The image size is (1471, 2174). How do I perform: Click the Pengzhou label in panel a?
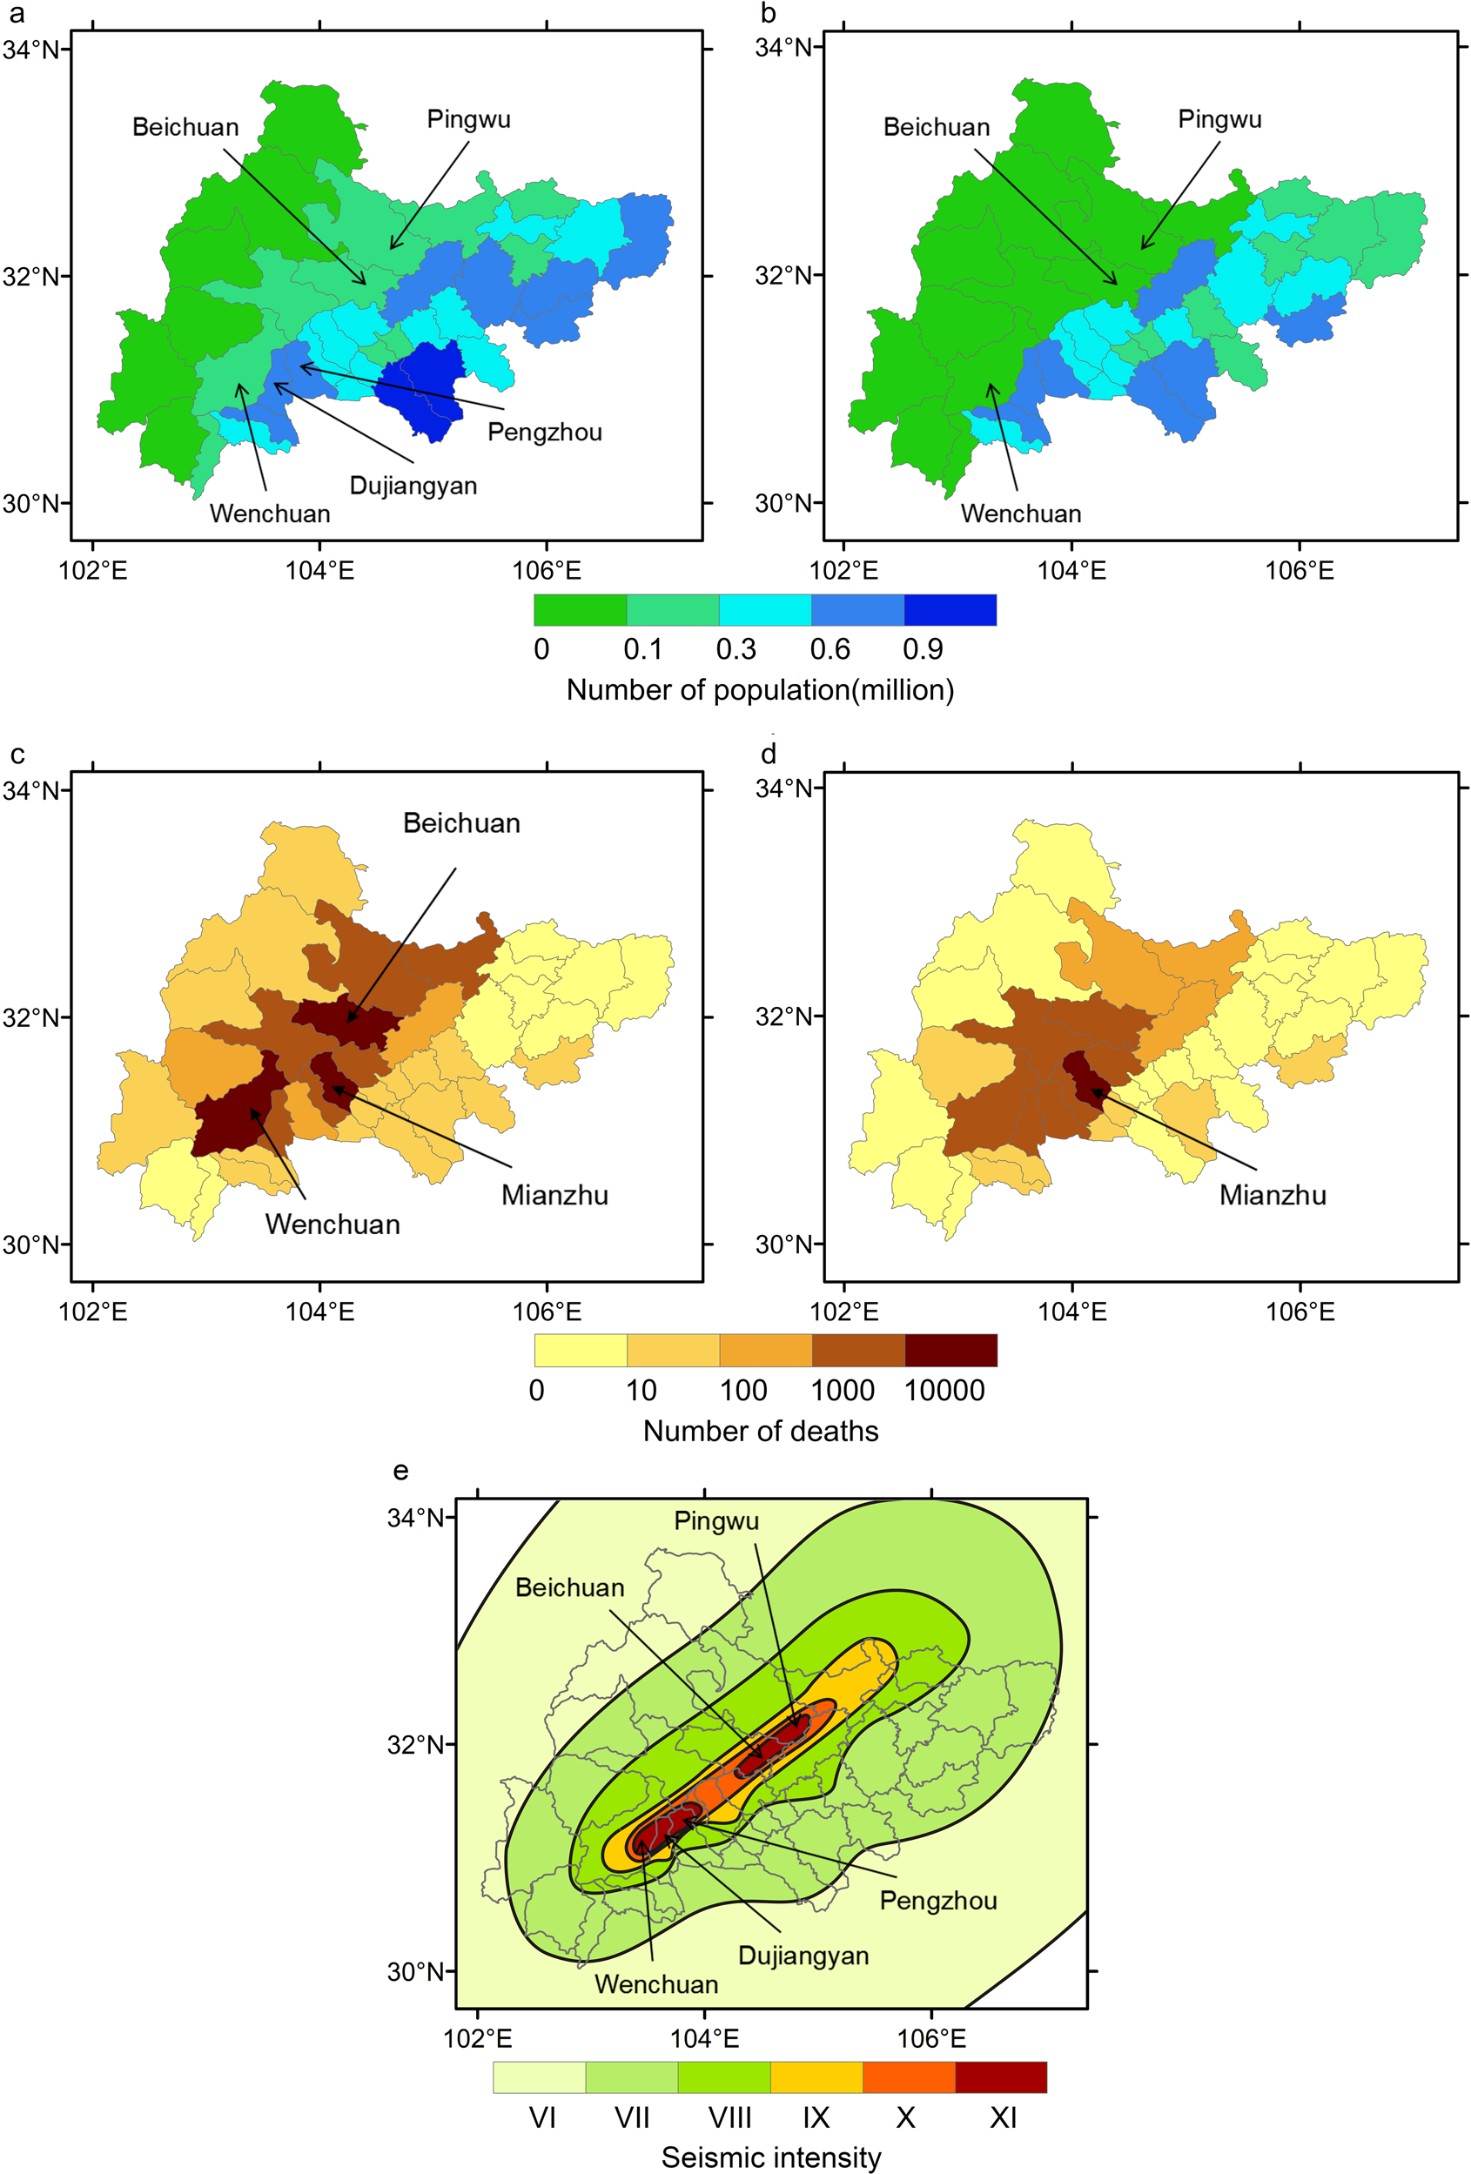coord(545,433)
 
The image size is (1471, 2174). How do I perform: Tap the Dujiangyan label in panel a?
coord(413,486)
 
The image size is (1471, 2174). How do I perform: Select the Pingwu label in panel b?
coord(1219,120)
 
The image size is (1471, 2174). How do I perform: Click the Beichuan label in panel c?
coord(461,823)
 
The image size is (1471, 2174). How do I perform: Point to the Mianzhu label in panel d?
coord(1272,1196)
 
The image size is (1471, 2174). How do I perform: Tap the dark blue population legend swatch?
coord(950,610)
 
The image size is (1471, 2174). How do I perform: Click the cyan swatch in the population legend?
coord(764,610)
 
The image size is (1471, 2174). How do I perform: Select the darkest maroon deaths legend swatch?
coord(950,1351)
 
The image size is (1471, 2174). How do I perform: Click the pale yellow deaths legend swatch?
coord(581,1351)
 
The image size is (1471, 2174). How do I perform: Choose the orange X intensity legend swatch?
coord(908,2077)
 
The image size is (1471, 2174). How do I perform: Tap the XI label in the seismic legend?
coord(1002,2118)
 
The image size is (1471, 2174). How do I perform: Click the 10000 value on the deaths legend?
coord(944,1391)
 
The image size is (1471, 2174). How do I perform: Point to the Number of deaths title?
coord(761,1432)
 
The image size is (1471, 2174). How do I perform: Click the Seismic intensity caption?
coord(771,2157)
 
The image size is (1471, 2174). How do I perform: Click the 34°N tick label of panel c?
coord(30,790)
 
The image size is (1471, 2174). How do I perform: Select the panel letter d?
coord(769,754)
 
